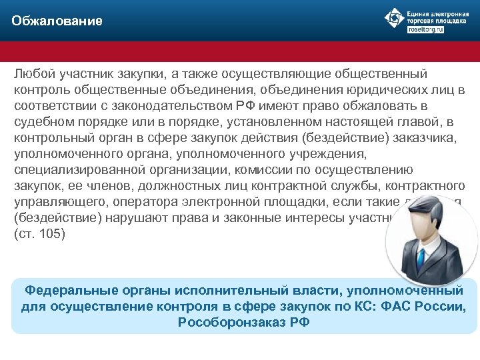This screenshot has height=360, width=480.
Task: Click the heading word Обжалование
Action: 57,21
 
